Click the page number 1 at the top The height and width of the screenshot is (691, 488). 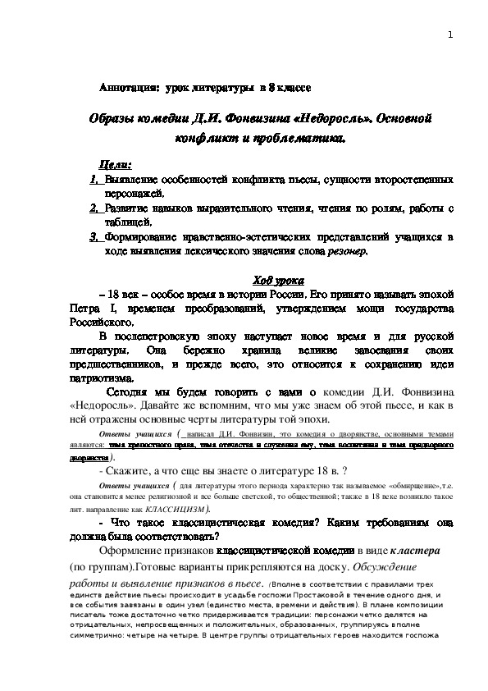[x=450, y=34]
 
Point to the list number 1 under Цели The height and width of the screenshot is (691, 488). [x=94, y=180]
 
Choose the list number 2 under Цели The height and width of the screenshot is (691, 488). [x=94, y=208]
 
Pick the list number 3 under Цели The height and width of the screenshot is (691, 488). [x=94, y=237]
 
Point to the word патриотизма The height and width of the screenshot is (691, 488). [x=101, y=379]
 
